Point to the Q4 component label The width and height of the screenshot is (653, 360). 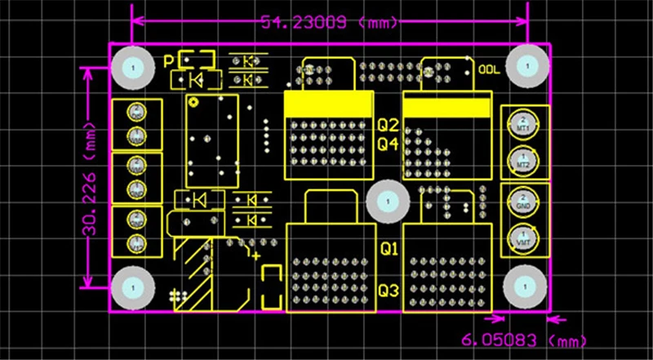tap(388, 144)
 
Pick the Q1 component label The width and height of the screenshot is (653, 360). tap(389, 248)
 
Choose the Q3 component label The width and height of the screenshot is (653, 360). tap(389, 291)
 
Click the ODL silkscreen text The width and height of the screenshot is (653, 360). tap(489, 69)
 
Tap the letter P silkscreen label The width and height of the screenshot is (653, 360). tap(169, 61)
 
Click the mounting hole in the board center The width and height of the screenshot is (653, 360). tap(387, 200)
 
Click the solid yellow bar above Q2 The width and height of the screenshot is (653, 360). tap(327, 106)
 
